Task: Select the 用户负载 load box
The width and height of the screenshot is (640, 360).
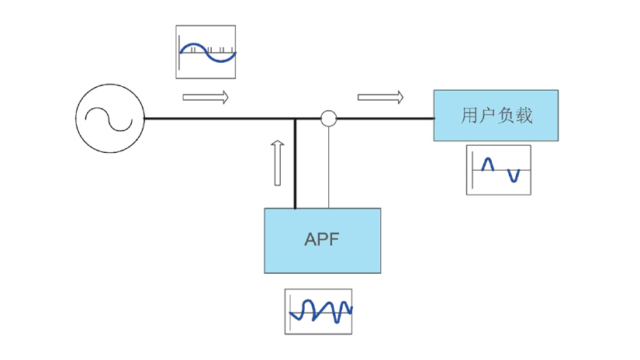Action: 495,115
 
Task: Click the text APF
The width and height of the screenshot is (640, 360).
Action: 322,239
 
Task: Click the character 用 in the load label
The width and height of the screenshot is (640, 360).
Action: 469,116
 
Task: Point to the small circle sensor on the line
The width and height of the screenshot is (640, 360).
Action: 329,118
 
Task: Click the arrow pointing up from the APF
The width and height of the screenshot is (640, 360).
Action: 278,163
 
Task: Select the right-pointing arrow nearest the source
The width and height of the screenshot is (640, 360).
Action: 206,98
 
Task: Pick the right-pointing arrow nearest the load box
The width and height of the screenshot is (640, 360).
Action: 380,98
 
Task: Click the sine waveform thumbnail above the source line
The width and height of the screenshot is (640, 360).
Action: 206,52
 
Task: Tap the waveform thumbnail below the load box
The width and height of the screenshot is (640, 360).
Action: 498,169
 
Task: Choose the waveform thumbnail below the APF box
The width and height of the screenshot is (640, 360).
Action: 318,311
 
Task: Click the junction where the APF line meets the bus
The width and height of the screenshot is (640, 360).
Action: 295,119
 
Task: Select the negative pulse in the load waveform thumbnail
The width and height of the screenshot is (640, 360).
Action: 513,176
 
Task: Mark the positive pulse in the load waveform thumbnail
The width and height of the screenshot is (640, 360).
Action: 487,163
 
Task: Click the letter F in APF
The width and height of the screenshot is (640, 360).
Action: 334,239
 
